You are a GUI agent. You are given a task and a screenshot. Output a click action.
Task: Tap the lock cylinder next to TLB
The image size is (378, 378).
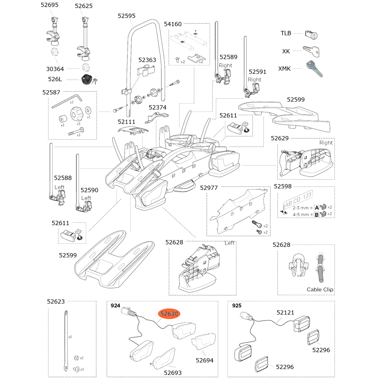pyautogui.click(x=311, y=35)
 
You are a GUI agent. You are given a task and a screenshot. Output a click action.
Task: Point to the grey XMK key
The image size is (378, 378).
pyautogui.click(x=313, y=68)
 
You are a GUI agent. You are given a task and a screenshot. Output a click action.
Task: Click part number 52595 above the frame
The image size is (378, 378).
pyautogui.click(x=126, y=16)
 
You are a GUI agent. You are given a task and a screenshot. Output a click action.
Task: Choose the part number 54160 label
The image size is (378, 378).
pyautogui.click(x=173, y=24)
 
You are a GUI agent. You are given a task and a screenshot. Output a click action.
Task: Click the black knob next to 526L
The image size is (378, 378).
pyautogui.click(x=87, y=80)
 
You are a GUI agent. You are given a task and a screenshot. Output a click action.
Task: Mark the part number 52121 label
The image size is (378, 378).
pyautogui.click(x=285, y=313)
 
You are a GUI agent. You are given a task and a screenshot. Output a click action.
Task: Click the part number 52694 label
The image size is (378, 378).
pyautogui.click(x=204, y=360)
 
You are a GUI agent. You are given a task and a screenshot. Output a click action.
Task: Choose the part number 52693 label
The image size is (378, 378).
pyautogui.click(x=173, y=372)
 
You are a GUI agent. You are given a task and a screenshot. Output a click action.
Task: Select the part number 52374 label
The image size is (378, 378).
pyautogui.click(x=157, y=107)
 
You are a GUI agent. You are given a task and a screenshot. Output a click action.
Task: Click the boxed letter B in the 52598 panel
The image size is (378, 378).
pyautogui.click(x=316, y=214)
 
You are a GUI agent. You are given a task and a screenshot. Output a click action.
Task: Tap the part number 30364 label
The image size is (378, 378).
pyautogui.click(x=55, y=69)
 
